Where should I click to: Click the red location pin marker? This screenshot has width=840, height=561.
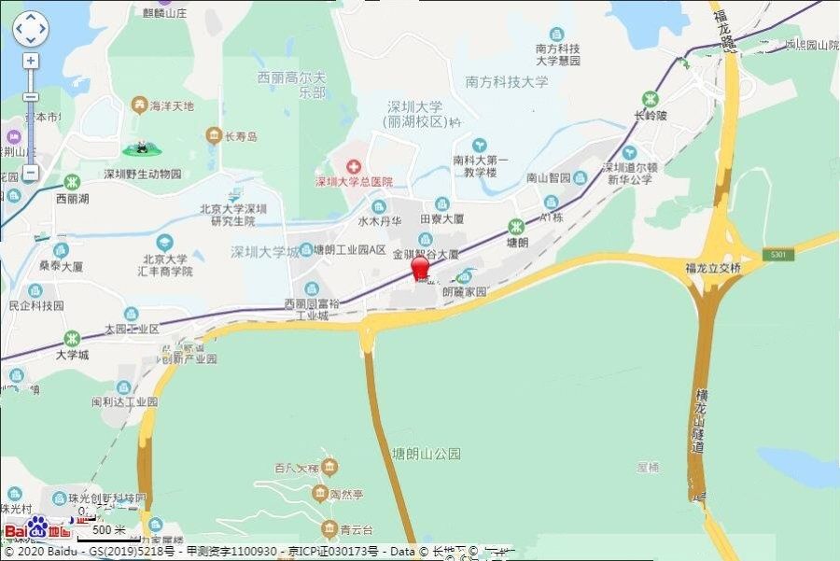[421, 267]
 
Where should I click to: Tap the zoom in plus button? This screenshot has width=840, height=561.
[31, 61]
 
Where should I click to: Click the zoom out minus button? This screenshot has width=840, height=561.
[31, 173]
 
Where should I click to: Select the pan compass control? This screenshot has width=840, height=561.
[30, 29]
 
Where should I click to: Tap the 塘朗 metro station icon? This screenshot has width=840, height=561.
[515, 225]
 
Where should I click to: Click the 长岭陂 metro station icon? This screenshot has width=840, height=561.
[650, 99]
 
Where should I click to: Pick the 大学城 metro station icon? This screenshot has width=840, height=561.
[72, 338]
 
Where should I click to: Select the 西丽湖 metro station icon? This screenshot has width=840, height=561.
[72, 181]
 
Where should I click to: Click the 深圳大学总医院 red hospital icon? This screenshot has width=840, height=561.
[354, 165]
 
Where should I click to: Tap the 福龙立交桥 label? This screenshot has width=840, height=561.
[712, 268]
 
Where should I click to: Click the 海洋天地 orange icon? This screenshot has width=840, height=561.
[139, 104]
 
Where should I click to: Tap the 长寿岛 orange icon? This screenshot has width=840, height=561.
[214, 135]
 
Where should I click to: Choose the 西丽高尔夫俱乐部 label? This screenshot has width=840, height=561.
[291, 85]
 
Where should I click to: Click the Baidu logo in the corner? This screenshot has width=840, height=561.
[37, 529]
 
